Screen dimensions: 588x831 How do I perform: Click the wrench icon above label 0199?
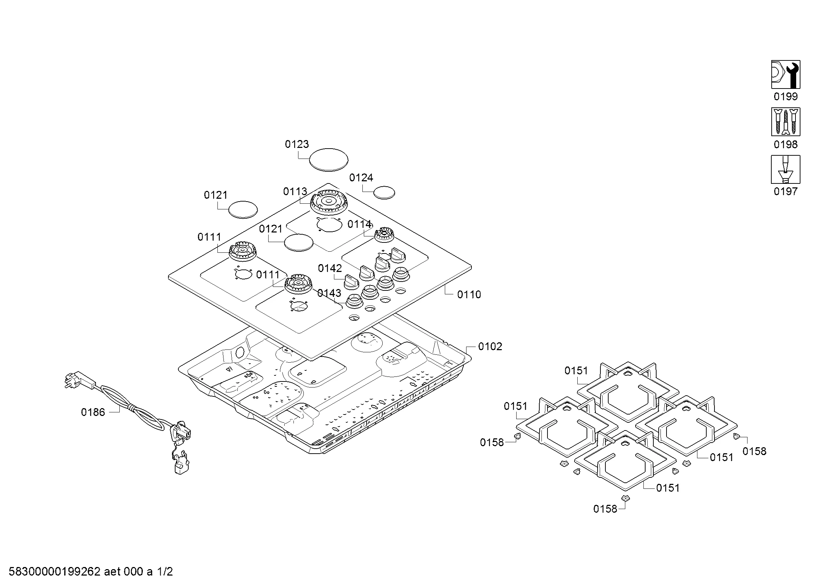pyautogui.click(x=786, y=75)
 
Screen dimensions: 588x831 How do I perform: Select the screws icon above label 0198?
pyautogui.click(x=786, y=122)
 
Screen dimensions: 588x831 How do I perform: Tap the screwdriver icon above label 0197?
pyautogui.click(x=786, y=170)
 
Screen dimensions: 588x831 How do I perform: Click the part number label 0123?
pyautogui.click(x=297, y=144)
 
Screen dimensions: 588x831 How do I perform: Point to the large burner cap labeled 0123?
pyautogui.click(x=329, y=159)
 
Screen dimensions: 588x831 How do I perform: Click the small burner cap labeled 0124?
pyautogui.click(x=384, y=193)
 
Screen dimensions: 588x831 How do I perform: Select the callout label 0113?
pyautogui.click(x=295, y=192)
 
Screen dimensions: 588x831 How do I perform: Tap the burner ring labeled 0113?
pyautogui.click(x=329, y=202)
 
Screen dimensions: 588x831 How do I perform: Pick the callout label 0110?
pyautogui.click(x=469, y=295)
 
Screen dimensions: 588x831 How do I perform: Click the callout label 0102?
pyautogui.click(x=490, y=347)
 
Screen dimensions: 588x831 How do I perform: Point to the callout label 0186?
pyautogui.click(x=93, y=412)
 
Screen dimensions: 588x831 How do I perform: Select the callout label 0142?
pyautogui.click(x=330, y=269)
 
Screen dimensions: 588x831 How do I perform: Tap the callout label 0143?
pyautogui.click(x=329, y=293)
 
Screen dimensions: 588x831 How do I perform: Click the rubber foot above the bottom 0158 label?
pyautogui.click(x=625, y=498)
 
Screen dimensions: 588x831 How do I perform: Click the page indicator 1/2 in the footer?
pyautogui.click(x=165, y=572)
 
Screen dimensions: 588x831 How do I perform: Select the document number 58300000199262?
pyautogui.click(x=54, y=572)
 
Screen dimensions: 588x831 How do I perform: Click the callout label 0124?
pyautogui.click(x=361, y=178)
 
